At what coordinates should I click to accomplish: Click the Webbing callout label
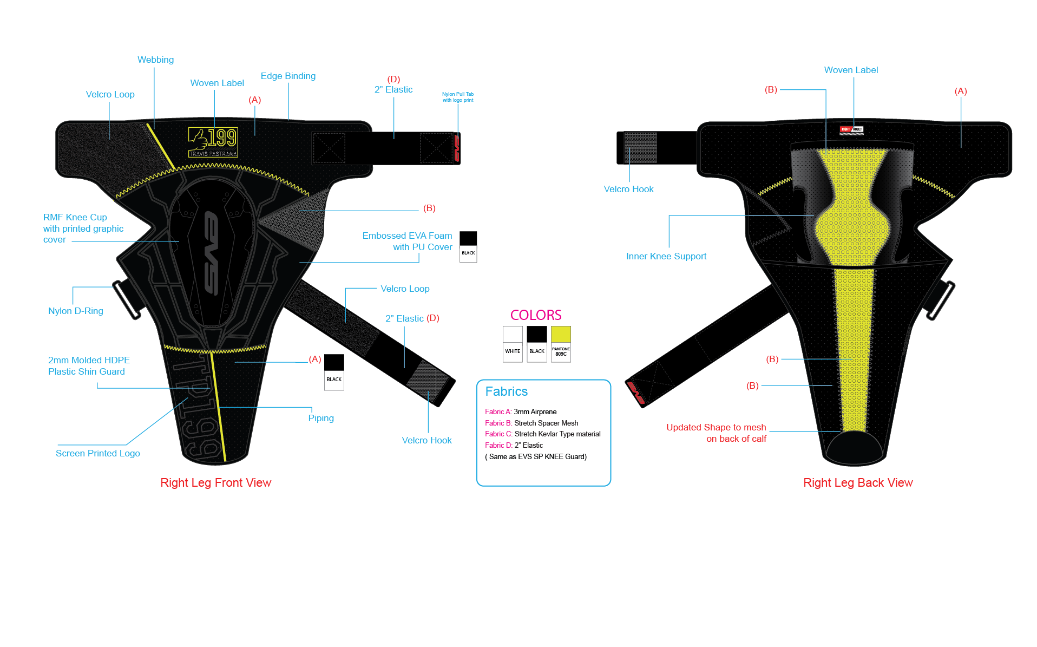coord(155,60)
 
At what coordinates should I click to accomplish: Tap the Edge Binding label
coord(288,76)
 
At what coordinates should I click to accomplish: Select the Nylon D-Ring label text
coord(75,311)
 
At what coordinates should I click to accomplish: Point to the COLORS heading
coord(536,315)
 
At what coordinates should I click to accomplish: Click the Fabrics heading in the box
coord(506,391)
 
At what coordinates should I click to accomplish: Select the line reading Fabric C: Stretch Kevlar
coord(542,434)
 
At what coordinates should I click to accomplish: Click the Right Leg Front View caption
coord(215,482)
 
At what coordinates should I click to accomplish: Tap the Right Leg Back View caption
coord(858,482)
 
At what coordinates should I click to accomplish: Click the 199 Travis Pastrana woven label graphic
coord(213,142)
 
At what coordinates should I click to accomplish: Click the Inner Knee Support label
coord(666,256)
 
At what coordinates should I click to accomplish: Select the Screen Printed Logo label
coord(97,453)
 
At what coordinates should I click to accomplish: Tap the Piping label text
coord(321,418)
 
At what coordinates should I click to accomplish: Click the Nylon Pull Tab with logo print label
coord(458,97)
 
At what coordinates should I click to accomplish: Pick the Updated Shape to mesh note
coord(716,433)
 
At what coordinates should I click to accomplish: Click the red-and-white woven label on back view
coord(851,129)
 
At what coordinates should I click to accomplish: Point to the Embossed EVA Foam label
coord(407,241)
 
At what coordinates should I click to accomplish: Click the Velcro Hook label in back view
coord(628,189)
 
